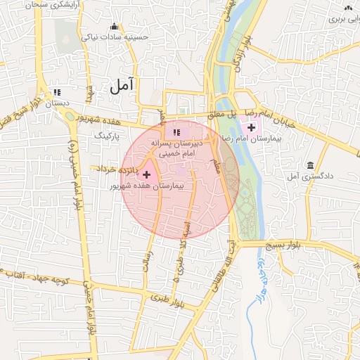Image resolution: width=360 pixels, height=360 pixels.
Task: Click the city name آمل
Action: pos(121,86)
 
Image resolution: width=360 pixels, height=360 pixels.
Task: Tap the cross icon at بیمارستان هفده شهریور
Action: pos(146,174)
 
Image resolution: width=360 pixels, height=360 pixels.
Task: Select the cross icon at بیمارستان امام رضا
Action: pos(251,127)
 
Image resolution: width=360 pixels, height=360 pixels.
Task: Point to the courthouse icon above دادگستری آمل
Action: pos(310,165)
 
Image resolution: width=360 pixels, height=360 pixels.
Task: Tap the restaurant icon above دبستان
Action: pos(57,92)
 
